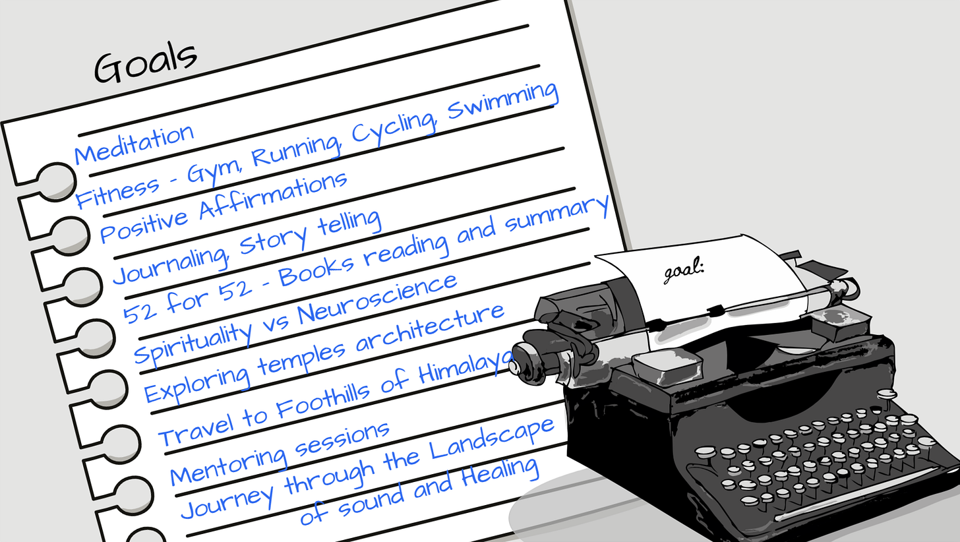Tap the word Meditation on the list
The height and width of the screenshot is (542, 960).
(x=133, y=144)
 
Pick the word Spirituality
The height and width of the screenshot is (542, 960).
(x=194, y=338)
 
